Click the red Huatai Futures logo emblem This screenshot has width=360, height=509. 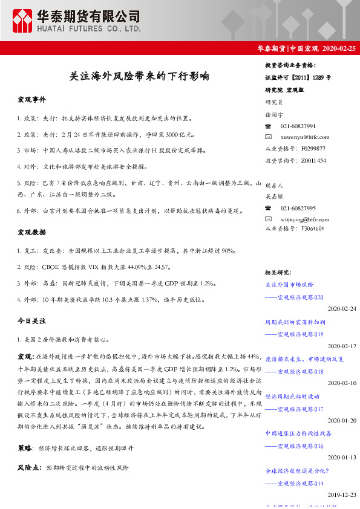point(24,21)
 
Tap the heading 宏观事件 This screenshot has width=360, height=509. point(31,99)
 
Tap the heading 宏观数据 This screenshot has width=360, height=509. point(31,232)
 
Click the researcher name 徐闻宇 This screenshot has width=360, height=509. point(274,114)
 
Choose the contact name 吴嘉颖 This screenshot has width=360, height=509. point(274,196)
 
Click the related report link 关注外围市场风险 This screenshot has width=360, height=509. point(289,284)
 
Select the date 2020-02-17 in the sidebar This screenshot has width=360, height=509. point(342,346)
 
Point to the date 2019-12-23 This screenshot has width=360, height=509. point(342,494)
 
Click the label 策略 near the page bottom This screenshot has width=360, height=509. point(25,449)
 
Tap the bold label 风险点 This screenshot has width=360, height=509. point(28,468)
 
